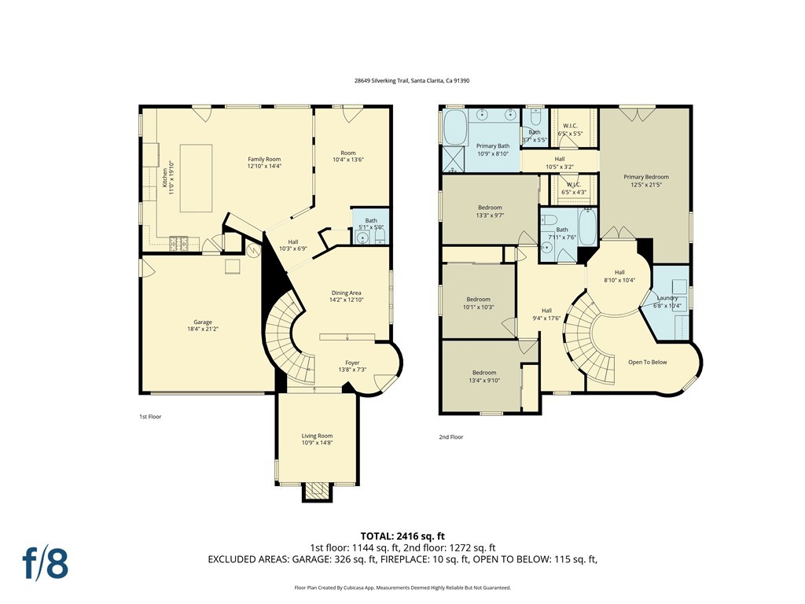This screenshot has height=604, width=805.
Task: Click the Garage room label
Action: (x=203, y=326)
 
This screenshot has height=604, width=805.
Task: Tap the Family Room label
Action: (x=264, y=163)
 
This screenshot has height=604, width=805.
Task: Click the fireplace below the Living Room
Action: (x=317, y=492)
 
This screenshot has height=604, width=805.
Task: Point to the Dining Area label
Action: (x=346, y=296)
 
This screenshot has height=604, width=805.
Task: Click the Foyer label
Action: (x=352, y=366)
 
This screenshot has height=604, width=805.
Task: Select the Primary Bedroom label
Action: (x=646, y=181)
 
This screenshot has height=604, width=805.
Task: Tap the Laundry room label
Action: (x=668, y=301)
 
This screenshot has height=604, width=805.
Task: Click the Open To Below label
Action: (x=647, y=363)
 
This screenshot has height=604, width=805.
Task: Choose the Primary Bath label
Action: (x=493, y=149)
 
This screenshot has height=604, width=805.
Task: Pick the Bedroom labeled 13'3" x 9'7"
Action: (x=489, y=211)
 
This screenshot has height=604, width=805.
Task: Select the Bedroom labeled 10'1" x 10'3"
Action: (x=478, y=303)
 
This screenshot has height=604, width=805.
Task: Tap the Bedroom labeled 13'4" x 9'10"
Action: (x=483, y=376)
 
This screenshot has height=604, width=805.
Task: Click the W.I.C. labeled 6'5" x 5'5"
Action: (x=570, y=129)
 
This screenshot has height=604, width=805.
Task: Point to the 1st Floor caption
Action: (x=150, y=417)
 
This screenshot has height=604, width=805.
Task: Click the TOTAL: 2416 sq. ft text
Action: (x=406, y=536)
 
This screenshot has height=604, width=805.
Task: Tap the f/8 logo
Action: (x=45, y=562)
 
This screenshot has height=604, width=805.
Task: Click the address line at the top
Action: (x=402, y=80)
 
